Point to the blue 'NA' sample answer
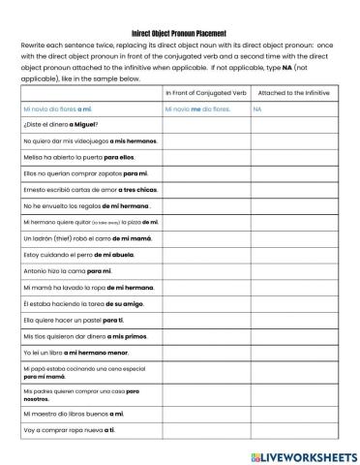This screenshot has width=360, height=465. [x=257, y=109]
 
